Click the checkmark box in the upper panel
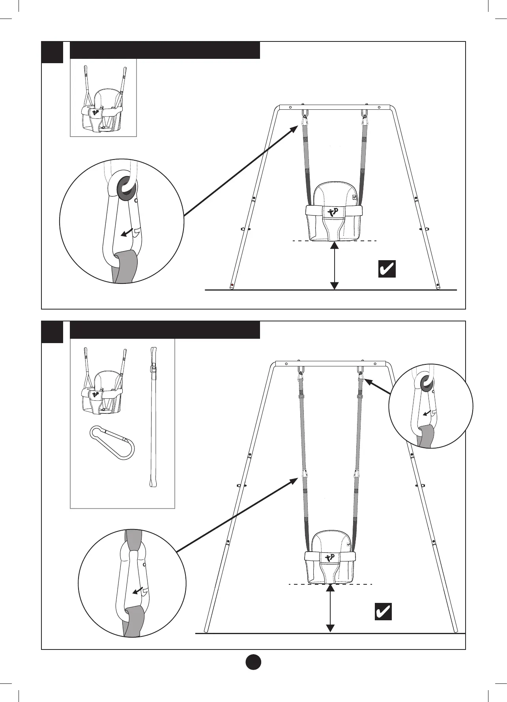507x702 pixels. tap(387, 269)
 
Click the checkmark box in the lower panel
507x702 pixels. tap(383, 623)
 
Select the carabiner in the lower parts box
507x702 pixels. tap(112, 443)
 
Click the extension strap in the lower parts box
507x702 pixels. tap(153, 417)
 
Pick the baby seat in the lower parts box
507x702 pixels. tap(102, 387)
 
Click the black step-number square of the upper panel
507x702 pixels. tap(52, 52)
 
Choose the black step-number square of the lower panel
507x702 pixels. tap(52, 332)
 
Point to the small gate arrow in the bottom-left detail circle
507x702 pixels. tap(138, 591)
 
